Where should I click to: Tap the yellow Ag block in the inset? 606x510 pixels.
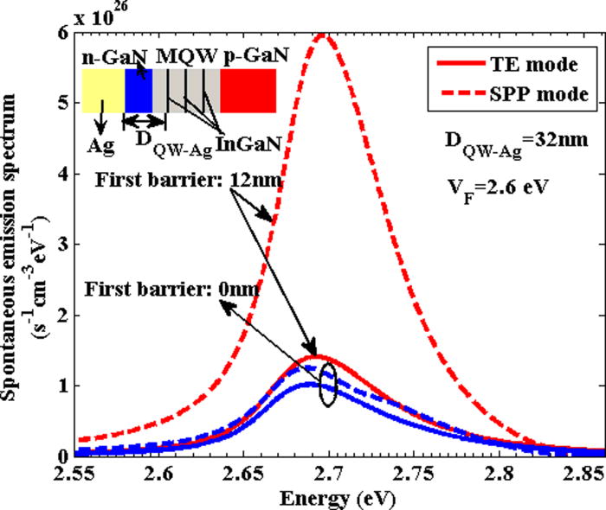pos(102,91)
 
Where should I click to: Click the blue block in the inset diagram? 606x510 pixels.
pos(139,91)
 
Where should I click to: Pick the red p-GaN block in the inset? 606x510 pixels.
pos(248,91)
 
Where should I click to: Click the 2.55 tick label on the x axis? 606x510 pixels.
pos(77,475)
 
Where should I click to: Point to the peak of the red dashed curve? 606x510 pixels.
pos(325,35)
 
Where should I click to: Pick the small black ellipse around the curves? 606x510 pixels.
pos(327,384)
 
